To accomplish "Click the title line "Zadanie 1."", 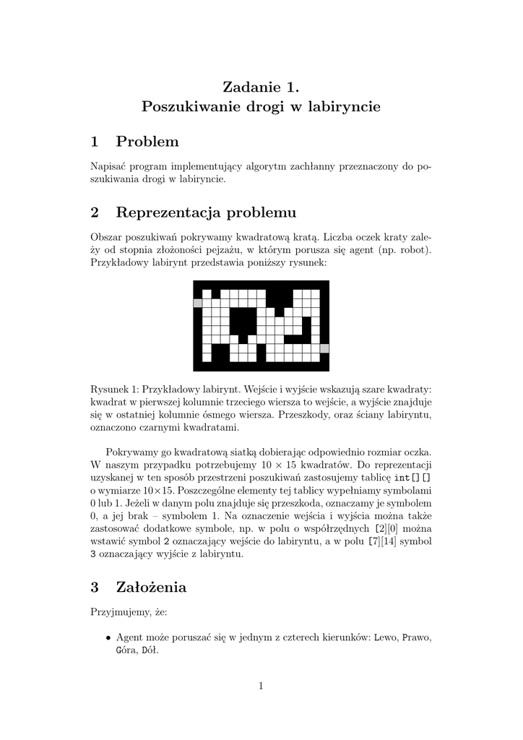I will tap(261, 87).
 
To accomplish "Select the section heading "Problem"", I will tap(147, 142).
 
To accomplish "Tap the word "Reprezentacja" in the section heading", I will tap(168, 212).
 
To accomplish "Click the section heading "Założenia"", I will tap(151, 588).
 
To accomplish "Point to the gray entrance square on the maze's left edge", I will tap(197, 303).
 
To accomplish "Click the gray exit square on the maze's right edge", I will tap(324, 348).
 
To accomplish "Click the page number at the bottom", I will tap(261, 686).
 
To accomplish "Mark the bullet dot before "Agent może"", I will tap(108, 637).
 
